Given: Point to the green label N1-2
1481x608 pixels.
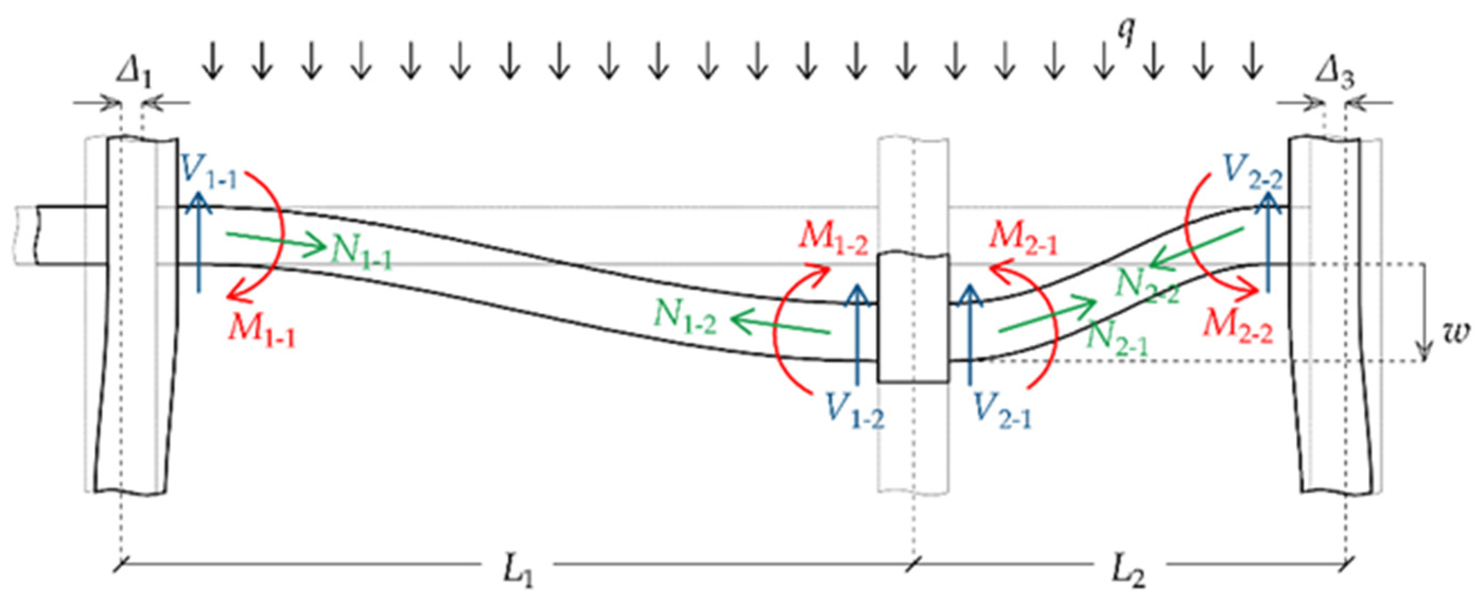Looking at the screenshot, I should click(x=686, y=316).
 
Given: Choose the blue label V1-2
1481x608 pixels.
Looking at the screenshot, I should click(x=854, y=410).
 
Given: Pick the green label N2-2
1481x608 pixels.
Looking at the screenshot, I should click(x=1147, y=286).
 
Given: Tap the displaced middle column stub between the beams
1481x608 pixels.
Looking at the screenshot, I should click(x=913, y=317).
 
